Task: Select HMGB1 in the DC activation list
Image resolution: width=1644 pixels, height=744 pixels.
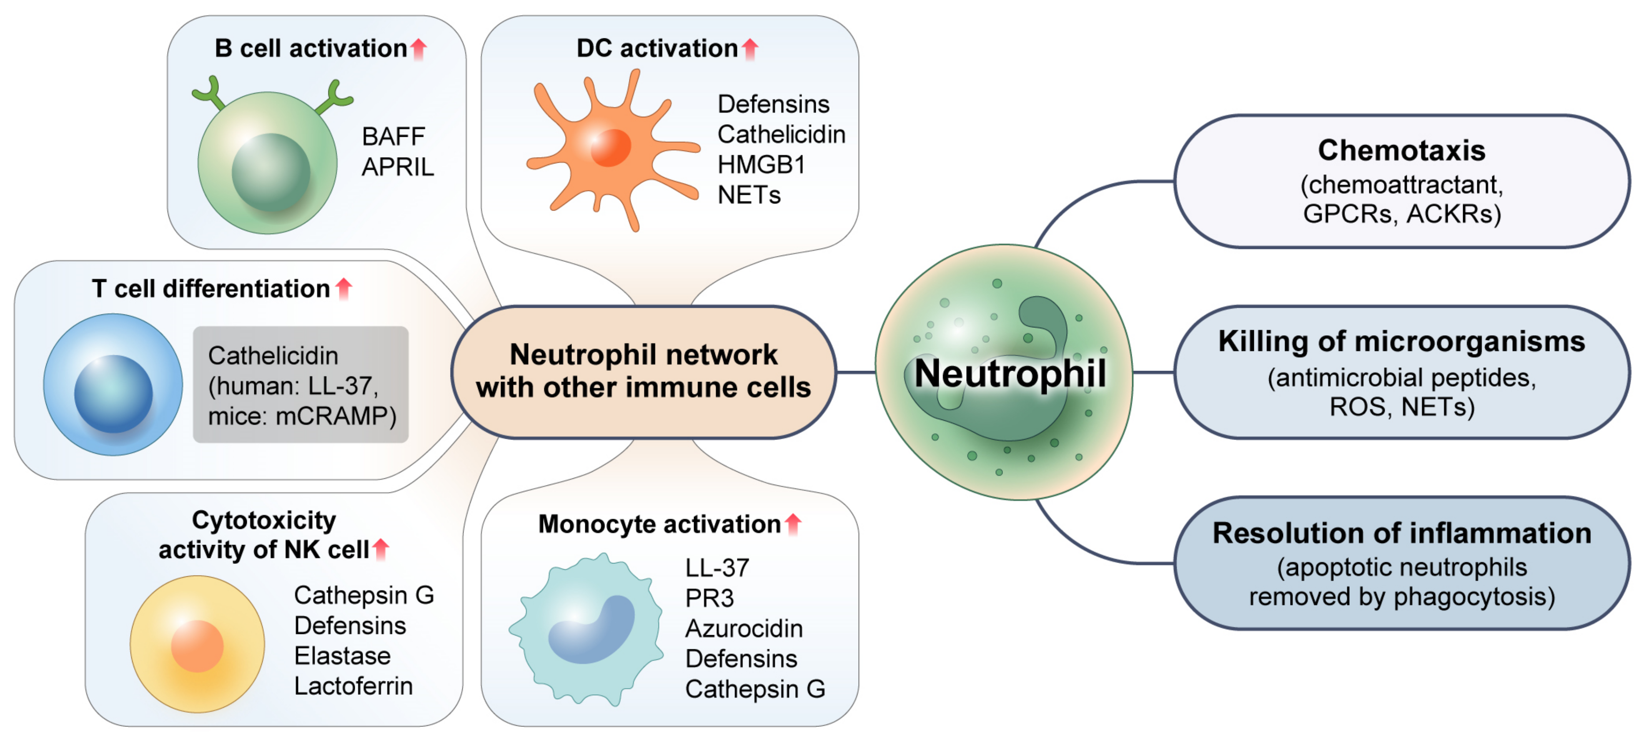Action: coord(761,165)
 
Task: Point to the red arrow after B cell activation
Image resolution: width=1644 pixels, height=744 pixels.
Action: coord(419,48)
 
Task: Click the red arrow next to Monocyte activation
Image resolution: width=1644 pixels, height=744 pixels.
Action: coord(793,524)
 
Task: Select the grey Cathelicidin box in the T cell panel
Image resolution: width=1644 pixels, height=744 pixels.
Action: coord(301,385)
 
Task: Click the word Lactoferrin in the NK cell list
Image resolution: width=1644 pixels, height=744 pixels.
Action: coord(353,686)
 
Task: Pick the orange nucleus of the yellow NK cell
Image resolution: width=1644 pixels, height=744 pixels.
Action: coord(197,646)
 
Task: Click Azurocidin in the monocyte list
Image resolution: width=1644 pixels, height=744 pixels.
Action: coord(744,628)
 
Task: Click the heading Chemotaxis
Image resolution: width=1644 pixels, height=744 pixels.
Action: coord(1401,151)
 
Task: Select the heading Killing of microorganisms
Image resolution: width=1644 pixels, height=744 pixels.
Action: coord(1401,342)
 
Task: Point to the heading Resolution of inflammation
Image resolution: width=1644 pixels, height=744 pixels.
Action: coord(1401,533)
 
